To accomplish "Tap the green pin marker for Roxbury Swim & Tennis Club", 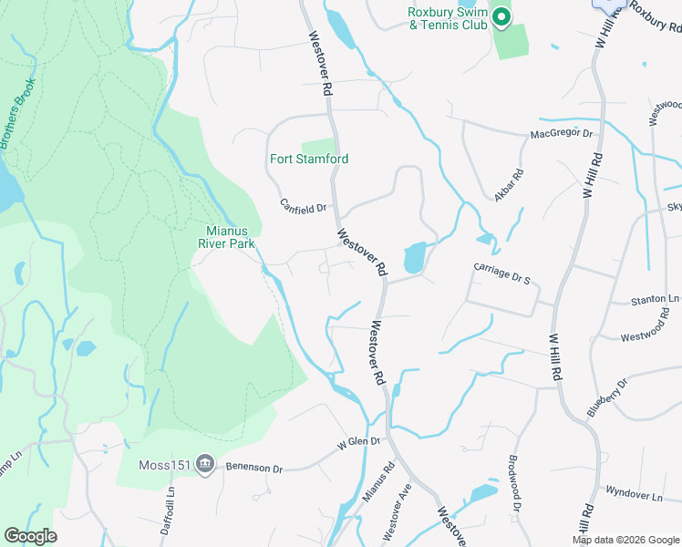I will [x=501, y=17].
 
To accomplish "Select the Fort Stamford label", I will [x=309, y=159].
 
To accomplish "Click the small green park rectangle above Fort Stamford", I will [x=318, y=146].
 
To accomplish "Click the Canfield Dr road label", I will [x=303, y=208].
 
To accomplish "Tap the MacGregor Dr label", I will [x=562, y=135].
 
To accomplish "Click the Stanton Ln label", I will [x=656, y=299].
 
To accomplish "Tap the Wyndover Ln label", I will [x=633, y=494].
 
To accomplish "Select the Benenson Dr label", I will [x=254, y=467].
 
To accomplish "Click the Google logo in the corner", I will [x=30, y=536].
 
